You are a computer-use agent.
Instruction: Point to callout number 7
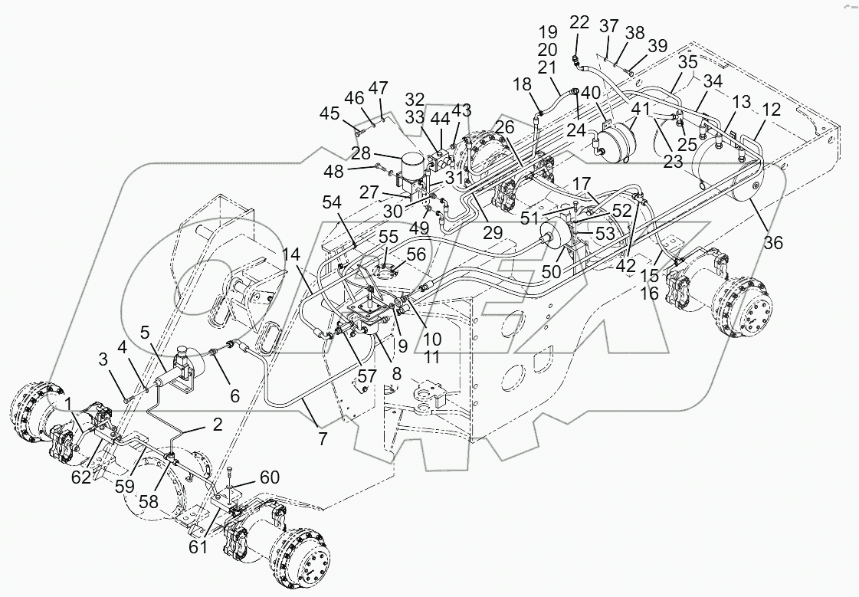pyautogui.click(x=321, y=438)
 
